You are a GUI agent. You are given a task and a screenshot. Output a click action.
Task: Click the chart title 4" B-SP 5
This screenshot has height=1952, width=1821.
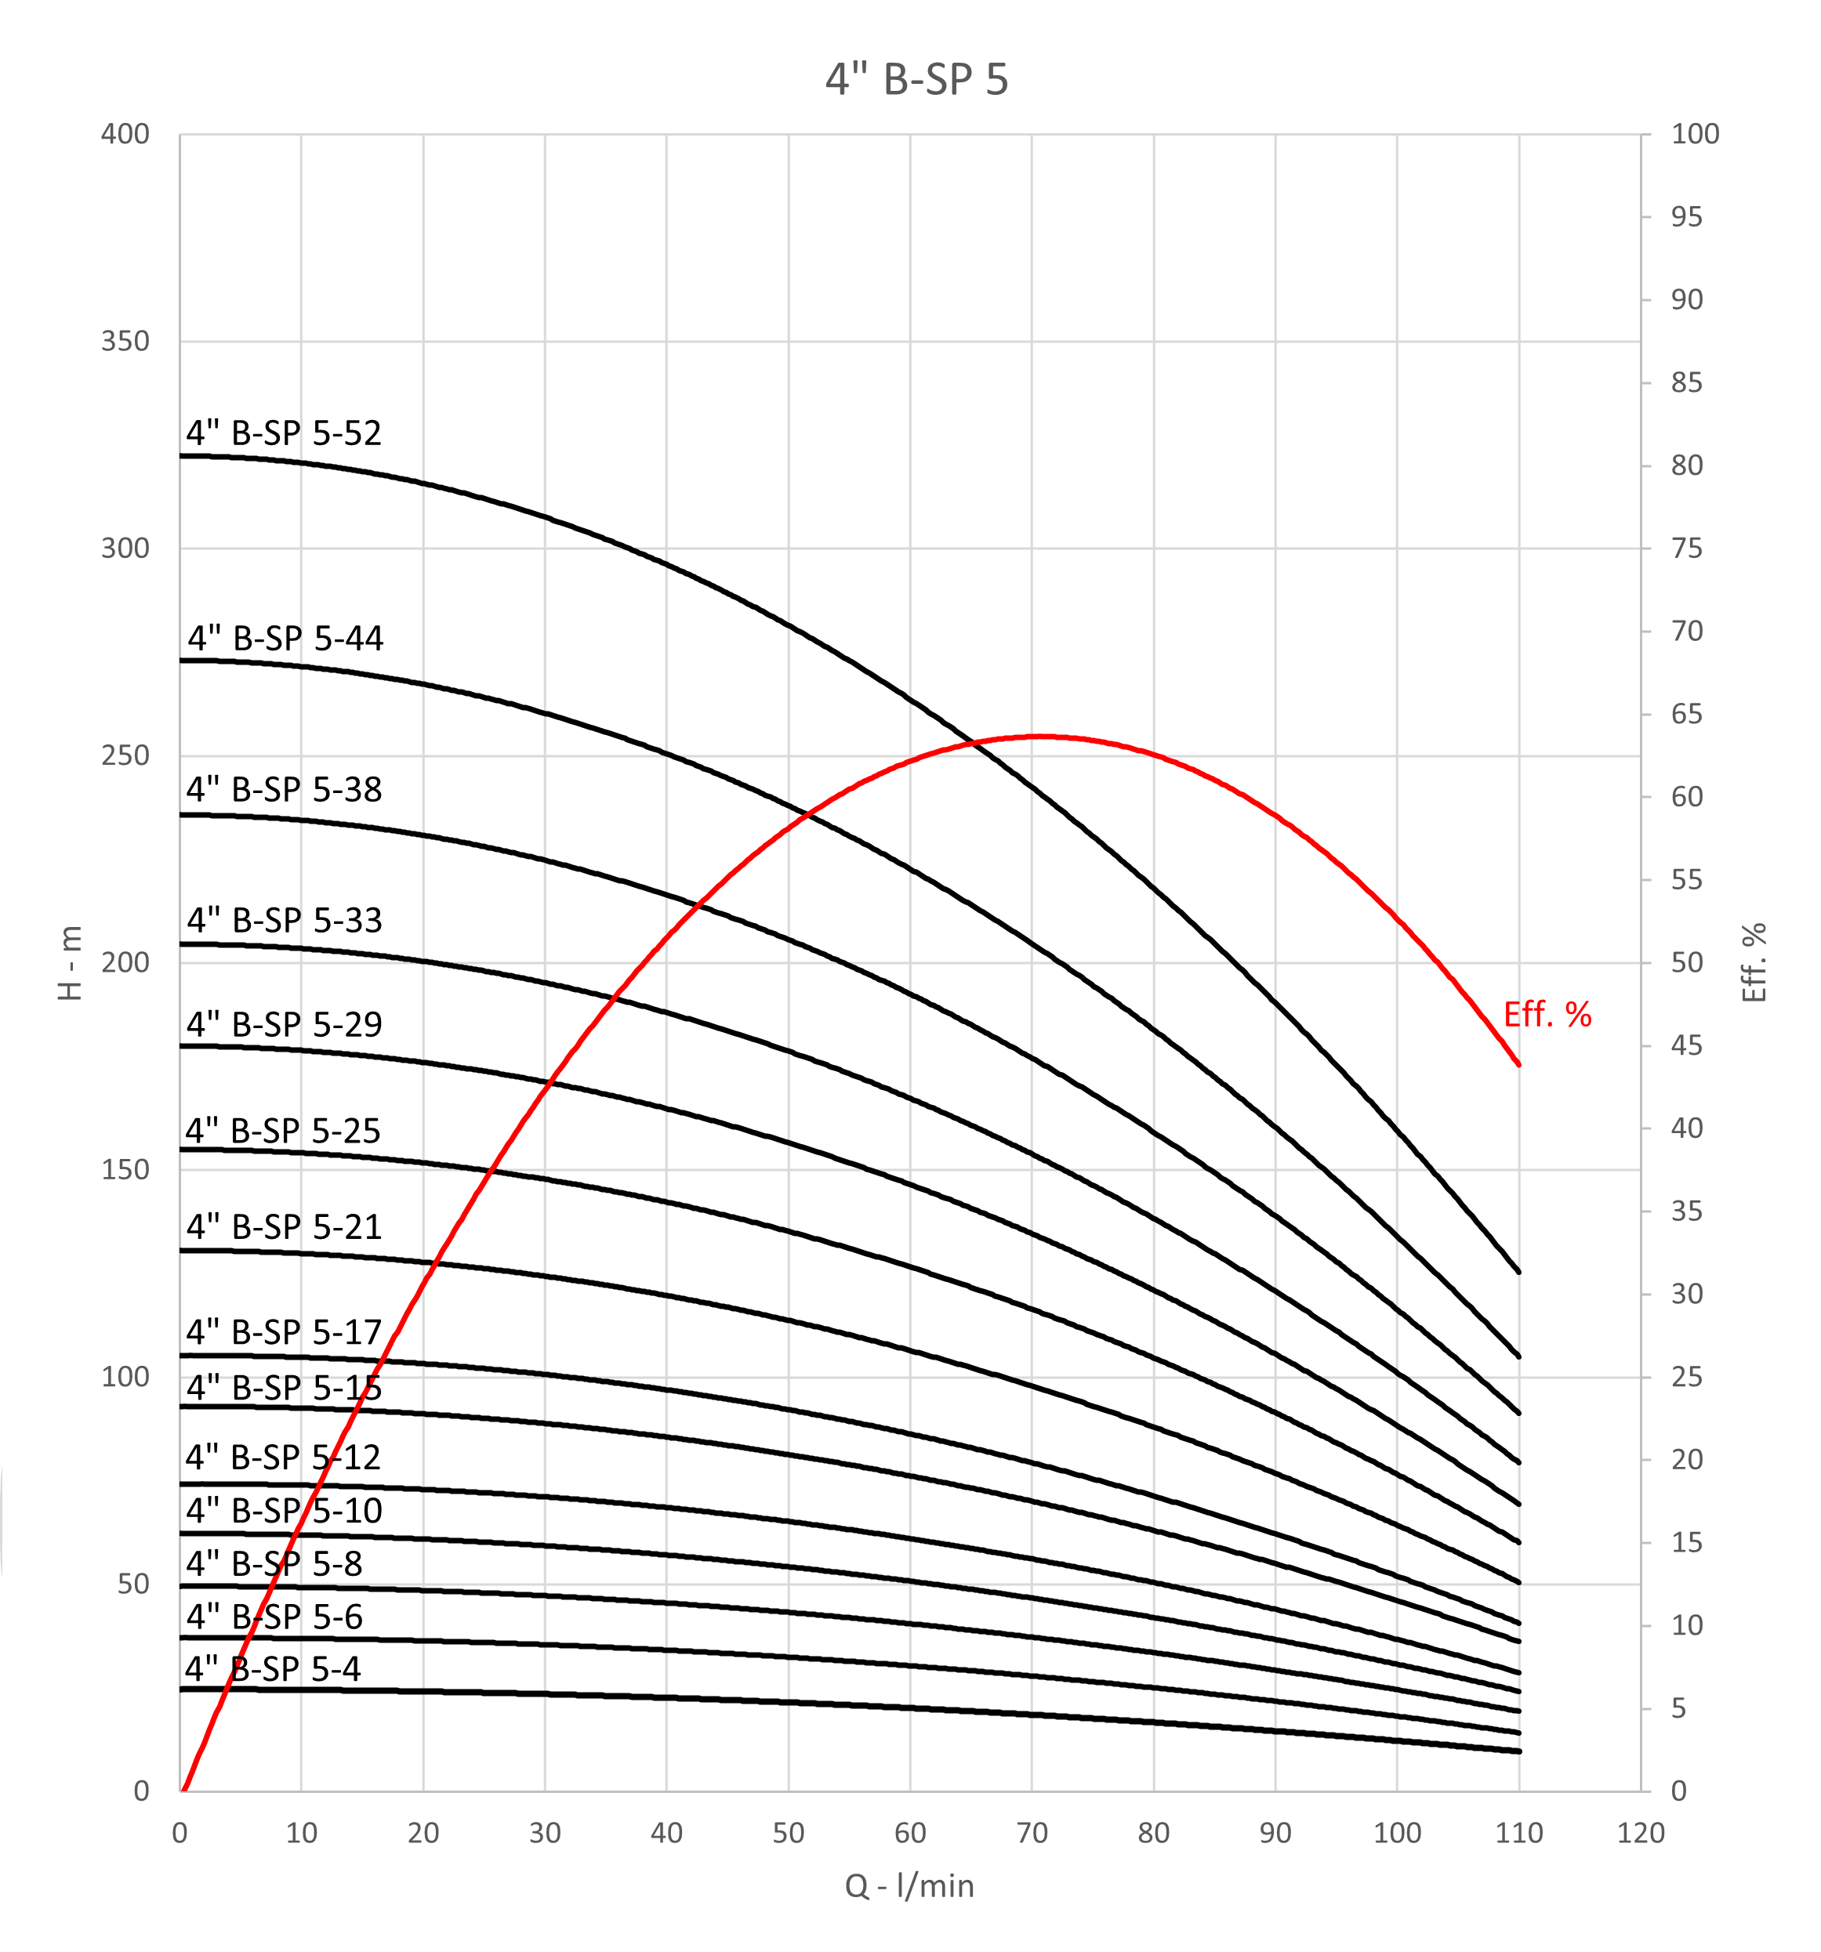(x=916, y=79)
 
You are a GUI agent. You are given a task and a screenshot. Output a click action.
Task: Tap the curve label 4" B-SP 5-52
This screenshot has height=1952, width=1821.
(x=284, y=433)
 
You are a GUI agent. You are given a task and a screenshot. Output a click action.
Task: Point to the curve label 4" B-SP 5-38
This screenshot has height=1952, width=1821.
(x=284, y=789)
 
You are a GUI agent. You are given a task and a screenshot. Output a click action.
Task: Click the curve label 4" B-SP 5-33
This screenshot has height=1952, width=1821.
(x=284, y=920)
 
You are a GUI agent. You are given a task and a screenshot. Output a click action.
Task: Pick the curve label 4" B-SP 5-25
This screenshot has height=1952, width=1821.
(x=283, y=1131)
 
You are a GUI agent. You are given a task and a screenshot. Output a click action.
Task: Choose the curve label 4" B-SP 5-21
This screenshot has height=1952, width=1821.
(x=284, y=1227)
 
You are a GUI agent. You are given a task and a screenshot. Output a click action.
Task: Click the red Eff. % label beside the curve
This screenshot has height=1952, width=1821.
(x=1547, y=1014)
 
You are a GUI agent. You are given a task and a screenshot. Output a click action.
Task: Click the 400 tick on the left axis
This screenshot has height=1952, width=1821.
(x=125, y=135)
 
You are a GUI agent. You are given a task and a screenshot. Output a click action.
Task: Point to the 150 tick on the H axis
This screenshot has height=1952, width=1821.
(x=125, y=1169)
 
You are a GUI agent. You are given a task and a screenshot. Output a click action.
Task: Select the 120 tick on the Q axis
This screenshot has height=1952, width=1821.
(x=1640, y=1833)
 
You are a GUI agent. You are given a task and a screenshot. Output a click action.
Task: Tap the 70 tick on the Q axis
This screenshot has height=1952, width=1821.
(x=1032, y=1833)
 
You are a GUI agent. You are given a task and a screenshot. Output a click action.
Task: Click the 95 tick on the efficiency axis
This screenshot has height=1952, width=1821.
(x=1686, y=217)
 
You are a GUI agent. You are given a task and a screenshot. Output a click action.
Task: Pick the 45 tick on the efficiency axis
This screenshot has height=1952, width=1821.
(x=1686, y=1045)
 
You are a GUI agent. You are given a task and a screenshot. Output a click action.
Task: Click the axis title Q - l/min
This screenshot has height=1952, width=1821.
(x=909, y=1886)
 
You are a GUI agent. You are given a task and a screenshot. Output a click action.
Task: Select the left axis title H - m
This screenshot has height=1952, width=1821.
(x=71, y=962)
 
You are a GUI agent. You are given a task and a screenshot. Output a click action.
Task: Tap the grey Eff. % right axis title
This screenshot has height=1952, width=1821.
(x=1754, y=962)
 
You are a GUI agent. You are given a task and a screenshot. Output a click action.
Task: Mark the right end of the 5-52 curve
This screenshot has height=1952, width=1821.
(x=1518, y=1273)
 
